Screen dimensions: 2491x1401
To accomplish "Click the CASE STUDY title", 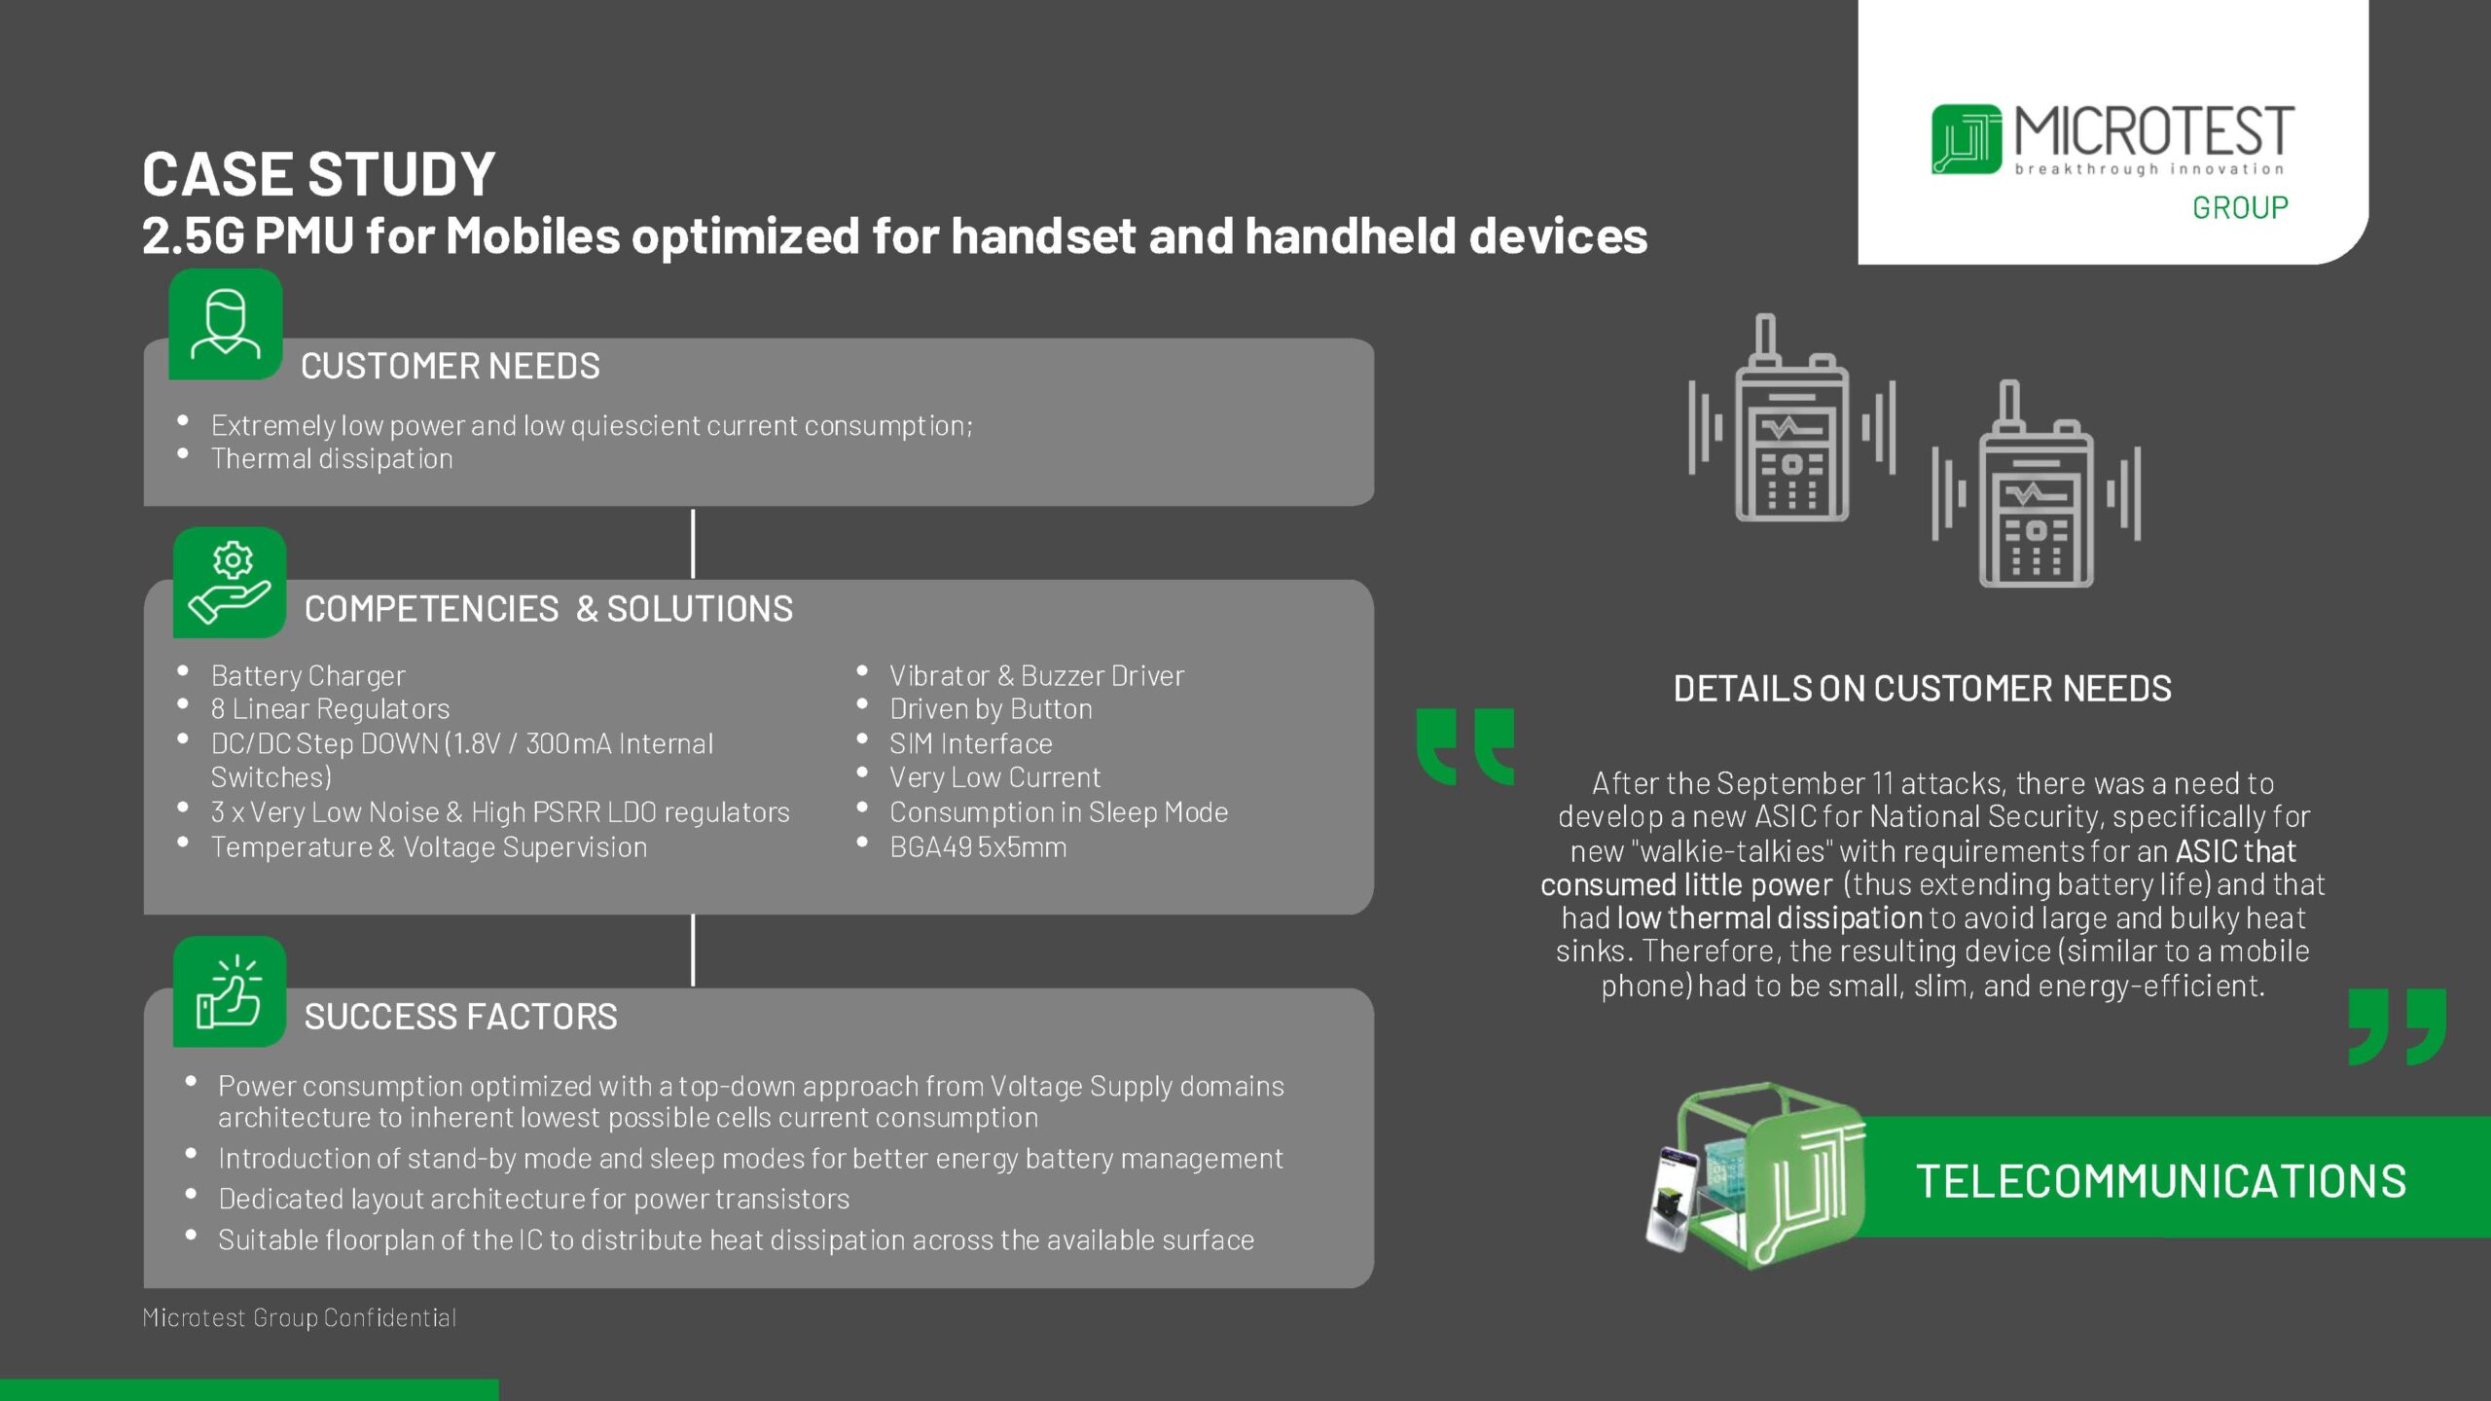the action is click(x=318, y=174).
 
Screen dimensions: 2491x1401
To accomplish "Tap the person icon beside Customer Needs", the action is click(x=226, y=324).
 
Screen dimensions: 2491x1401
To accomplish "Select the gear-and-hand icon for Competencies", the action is click(x=230, y=583).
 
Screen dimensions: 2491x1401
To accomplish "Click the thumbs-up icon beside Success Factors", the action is click(x=230, y=991).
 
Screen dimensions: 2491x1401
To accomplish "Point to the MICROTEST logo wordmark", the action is click(x=2153, y=133).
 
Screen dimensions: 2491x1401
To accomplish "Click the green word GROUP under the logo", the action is click(x=2240, y=207).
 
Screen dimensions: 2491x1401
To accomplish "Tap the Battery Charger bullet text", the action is click(x=307, y=675).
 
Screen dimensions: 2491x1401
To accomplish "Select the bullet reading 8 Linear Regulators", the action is click(x=330, y=709).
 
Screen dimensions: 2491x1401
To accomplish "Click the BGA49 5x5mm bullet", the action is click(x=978, y=847).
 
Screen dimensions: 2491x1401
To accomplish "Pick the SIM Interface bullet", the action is click(x=970, y=744).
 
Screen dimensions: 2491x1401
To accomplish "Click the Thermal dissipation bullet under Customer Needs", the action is click(x=332, y=458).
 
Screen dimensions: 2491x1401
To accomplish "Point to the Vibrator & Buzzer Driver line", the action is click(x=1036, y=675).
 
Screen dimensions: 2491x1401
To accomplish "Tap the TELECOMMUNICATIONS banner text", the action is click(x=2161, y=1181).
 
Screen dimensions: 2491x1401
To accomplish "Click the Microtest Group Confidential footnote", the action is click(x=299, y=1317).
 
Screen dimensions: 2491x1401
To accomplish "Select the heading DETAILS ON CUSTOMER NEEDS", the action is click(x=1922, y=689).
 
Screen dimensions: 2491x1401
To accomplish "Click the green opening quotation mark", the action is click(x=1465, y=747).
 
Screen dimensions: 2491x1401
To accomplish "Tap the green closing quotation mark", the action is click(x=2397, y=1027).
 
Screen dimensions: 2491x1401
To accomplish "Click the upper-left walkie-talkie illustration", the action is click(x=1791, y=420).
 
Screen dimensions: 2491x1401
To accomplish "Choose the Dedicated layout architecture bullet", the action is click(x=533, y=1200).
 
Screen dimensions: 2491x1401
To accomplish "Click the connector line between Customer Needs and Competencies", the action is click(x=693, y=543).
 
